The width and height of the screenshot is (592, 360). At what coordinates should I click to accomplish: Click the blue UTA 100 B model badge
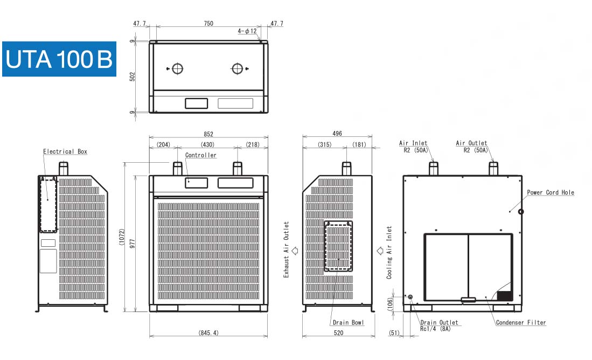tap(59, 59)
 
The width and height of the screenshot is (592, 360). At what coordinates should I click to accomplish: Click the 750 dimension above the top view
tap(208, 23)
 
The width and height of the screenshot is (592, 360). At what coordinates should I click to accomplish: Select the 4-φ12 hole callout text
tap(247, 31)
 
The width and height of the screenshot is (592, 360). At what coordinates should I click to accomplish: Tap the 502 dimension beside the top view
tap(132, 77)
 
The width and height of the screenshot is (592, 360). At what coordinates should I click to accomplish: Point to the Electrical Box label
tap(65, 151)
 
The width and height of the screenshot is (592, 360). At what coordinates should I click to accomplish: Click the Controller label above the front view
tap(201, 155)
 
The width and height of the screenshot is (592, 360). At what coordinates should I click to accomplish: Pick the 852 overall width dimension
tap(208, 134)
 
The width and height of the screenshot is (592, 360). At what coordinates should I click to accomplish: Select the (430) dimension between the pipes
tap(207, 144)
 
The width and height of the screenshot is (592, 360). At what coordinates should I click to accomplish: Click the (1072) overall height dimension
tap(122, 237)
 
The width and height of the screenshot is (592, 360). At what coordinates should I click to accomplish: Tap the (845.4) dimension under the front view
tap(208, 333)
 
